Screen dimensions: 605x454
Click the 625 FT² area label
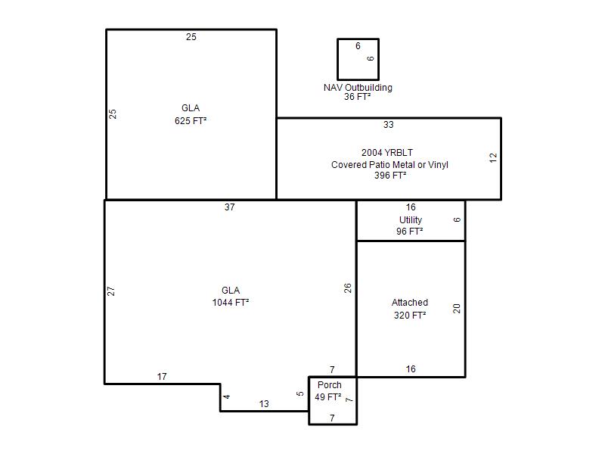pyautogui.click(x=191, y=121)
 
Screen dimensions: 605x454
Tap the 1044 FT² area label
pyautogui.click(x=231, y=302)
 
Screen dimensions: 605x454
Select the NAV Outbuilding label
pyautogui.click(x=358, y=88)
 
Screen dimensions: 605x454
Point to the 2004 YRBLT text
pyautogui.click(x=387, y=153)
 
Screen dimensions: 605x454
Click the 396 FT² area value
pyautogui.click(x=390, y=176)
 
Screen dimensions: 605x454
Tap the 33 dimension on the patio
pyautogui.click(x=389, y=125)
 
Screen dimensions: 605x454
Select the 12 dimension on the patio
pyautogui.click(x=493, y=158)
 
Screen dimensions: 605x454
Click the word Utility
pyautogui.click(x=411, y=220)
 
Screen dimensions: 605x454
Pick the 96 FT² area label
pyautogui.click(x=409, y=232)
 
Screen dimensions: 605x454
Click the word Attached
pyautogui.click(x=410, y=302)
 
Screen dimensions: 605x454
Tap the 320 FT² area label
pyautogui.click(x=410, y=316)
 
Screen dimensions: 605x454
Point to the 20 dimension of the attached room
pyautogui.click(x=457, y=309)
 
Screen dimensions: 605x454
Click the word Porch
pyautogui.click(x=330, y=385)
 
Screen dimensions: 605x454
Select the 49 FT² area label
pyautogui.click(x=328, y=396)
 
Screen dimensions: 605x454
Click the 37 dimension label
pyautogui.click(x=230, y=207)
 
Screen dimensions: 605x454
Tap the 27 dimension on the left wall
pyautogui.click(x=111, y=291)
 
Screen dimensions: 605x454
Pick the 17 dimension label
pyautogui.click(x=162, y=376)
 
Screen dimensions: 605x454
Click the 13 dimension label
pyautogui.click(x=264, y=404)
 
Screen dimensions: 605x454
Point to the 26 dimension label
pyautogui.click(x=348, y=288)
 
